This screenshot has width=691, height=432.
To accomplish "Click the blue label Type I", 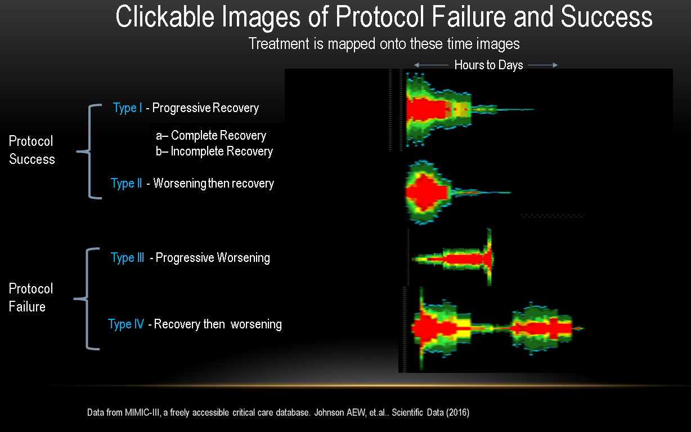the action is [x=127, y=108].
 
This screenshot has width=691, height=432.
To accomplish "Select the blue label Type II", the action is [x=126, y=183].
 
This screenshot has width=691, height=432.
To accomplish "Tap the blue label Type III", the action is [x=127, y=257].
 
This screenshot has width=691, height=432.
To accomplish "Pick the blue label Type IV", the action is [x=126, y=324].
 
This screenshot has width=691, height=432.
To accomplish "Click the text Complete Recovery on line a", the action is [x=218, y=135].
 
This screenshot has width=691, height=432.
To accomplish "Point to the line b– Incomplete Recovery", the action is [x=214, y=152].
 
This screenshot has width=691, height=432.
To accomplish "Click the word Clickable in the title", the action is [x=165, y=17].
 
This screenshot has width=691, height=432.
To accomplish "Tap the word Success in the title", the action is [x=607, y=17].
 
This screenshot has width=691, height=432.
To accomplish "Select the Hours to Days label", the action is [x=488, y=65].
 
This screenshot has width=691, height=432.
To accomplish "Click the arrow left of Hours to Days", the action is [x=431, y=65].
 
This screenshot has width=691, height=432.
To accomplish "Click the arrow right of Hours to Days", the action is [x=543, y=65].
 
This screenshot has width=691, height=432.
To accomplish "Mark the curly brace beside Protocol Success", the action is [x=89, y=152].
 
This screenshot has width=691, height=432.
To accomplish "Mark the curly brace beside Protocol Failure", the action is [x=87, y=299].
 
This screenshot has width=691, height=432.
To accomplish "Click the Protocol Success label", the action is [x=32, y=150].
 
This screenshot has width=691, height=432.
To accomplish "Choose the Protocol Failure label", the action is [x=31, y=298].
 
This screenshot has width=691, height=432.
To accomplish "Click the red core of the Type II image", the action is [x=427, y=193].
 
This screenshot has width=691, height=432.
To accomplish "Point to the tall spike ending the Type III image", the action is [x=489, y=257].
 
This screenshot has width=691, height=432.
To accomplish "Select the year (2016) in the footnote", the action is [x=458, y=412].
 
